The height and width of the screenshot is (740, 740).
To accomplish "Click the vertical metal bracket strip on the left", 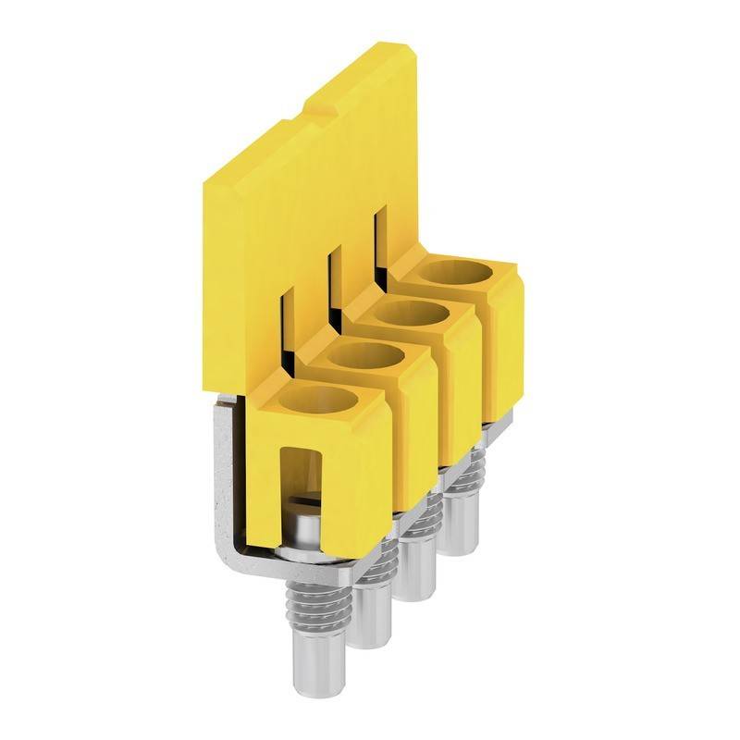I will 225,472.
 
